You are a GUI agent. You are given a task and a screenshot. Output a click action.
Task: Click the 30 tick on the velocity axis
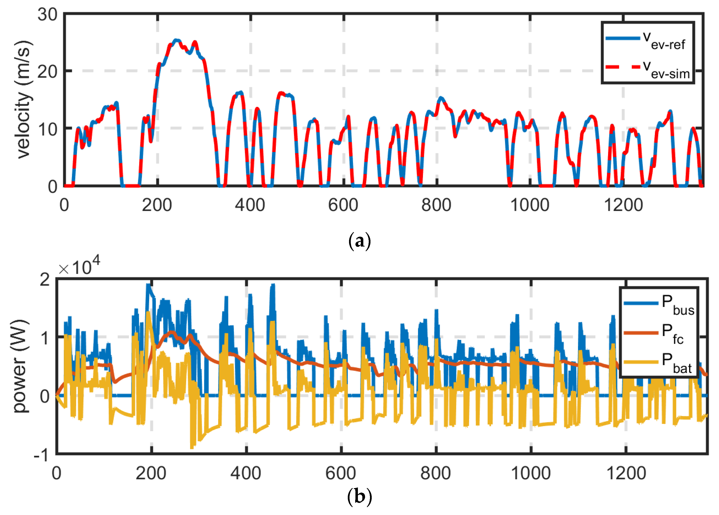[x=47, y=15]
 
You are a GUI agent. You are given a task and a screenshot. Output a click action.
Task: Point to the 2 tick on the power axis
[x=45, y=280]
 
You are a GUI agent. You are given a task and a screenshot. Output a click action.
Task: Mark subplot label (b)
[x=359, y=497]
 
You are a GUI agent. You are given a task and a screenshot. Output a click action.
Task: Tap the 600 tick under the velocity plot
[x=343, y=205]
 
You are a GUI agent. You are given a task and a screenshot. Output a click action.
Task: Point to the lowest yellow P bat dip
[x=192, y=448]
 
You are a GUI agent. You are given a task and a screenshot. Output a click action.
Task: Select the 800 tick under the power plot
[x=436, y=474]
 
